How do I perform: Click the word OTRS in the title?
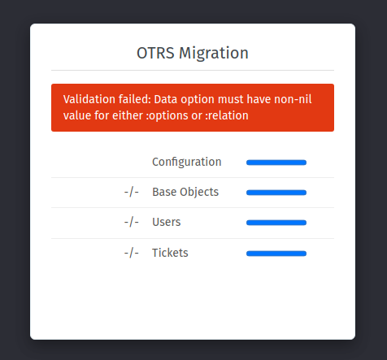[x=155, y=53]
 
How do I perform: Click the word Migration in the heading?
[x=214, y=54]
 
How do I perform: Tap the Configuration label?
[x=187, y=162]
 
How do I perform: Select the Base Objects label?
[x=185, y=192]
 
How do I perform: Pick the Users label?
[x=167, y=222]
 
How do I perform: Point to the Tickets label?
[x=170, y=253]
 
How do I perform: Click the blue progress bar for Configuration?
[x=276, y=163]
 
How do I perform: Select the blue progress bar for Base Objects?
[x=276, y=193]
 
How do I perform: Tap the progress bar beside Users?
[x=276, y=223]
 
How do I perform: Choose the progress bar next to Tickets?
[x=276, y=254]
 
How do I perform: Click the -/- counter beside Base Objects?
[x=132, y=192]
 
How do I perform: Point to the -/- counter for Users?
[x=132, y=222]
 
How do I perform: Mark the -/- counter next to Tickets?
[x=132, y=253]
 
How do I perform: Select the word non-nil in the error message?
[x=293, y=99]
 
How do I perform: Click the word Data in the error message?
[x=166, y=99]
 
